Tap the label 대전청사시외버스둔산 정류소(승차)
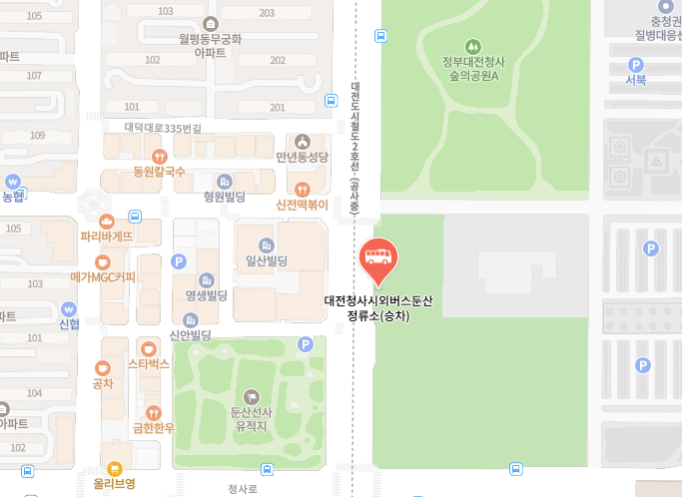[378, 307]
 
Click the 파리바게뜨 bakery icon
[107, 221]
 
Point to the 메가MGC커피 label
[103, 276]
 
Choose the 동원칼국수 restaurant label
[159, 172]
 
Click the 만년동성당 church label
[302, 157]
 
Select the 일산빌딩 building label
[266, 260]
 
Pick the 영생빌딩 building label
[206, 295]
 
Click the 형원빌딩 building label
[224, 197]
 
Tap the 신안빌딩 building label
[190, 335]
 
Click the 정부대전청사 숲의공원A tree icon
[473, 46]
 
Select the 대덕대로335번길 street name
[163, 128]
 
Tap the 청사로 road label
[243, 489]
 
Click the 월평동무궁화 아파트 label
[210, 45]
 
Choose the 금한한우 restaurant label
[153, 427]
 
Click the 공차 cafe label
[102, 382]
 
